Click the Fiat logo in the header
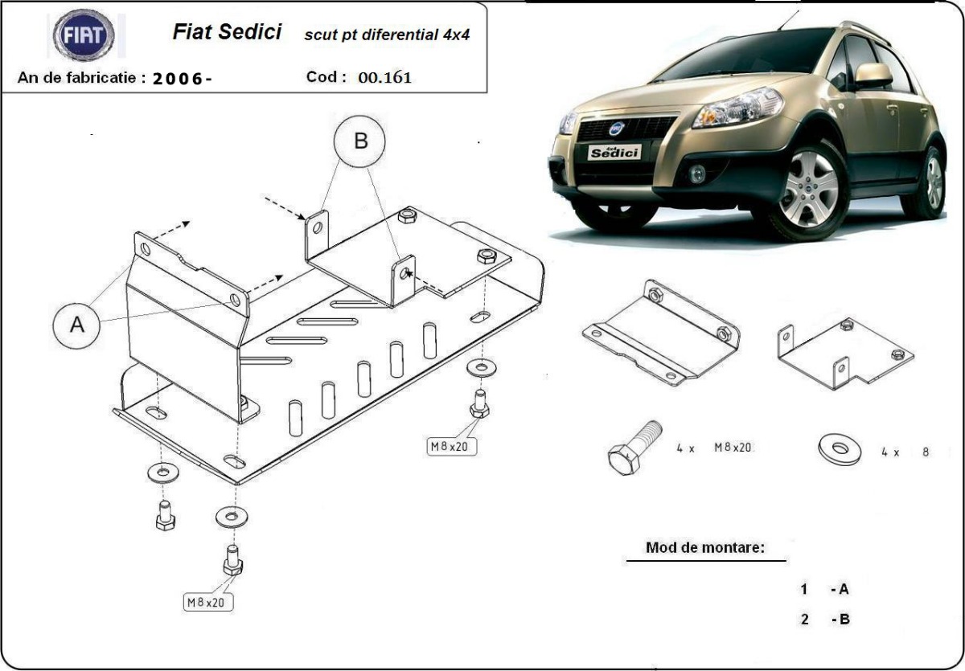coord(84,35)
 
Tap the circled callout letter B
coord(359,141)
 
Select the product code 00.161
coord(384,78)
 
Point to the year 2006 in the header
coord(181,79)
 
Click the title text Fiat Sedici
coord(227,32)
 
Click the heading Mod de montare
coord(704,547)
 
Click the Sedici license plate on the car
coord(614,152)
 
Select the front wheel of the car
coord(807,190)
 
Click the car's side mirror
coord(873,75)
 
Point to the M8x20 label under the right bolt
coord(452,446)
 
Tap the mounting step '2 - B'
coord(825,619)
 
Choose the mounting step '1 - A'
coord(825,589)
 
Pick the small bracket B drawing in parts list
coord(844,352)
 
